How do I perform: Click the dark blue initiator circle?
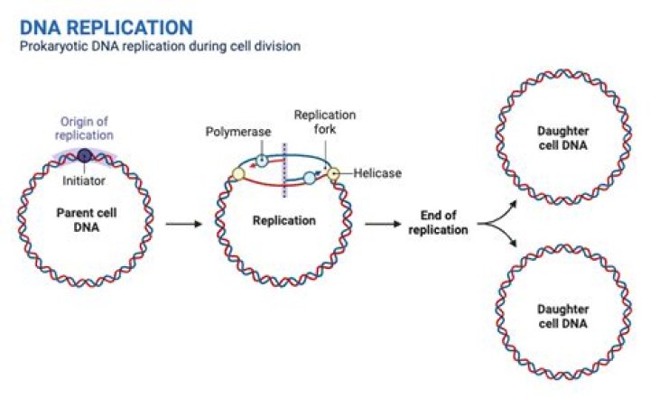click(x=84, y=156)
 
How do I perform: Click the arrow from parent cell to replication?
click(x=184, y=224)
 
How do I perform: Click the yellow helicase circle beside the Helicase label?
click(x=334, y=173)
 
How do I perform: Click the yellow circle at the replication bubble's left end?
click(x=238, y=173)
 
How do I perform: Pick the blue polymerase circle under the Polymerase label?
click(x=262, y=161)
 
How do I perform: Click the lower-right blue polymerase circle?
click(x=310, y=179)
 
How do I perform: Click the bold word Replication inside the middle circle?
click(x=282, y=219)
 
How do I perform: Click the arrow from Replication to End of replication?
click(x=382, y=224)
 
